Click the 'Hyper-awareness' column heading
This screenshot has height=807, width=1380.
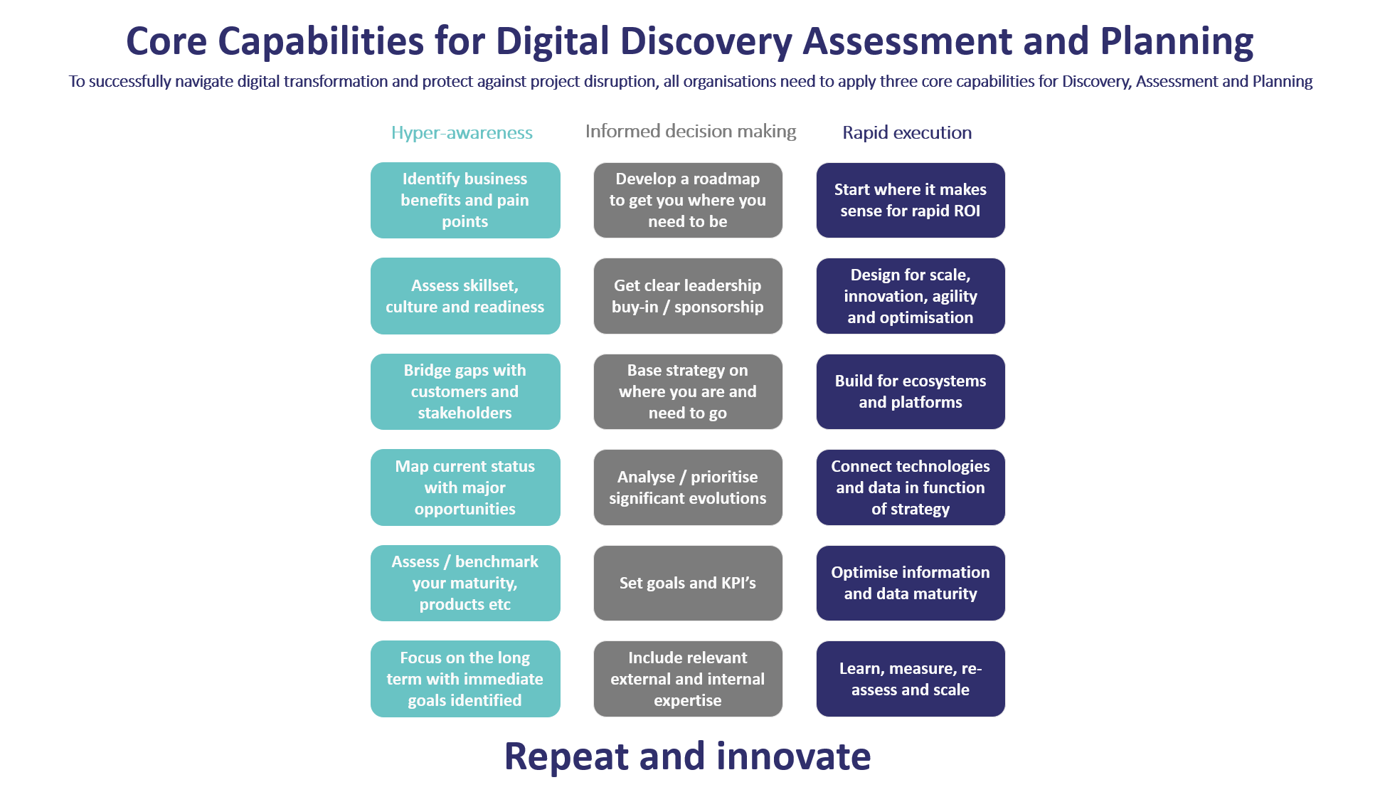coord(462,133)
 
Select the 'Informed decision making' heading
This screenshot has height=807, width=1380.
coord(691,132)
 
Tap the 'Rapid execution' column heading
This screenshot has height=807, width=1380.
coord(907,132)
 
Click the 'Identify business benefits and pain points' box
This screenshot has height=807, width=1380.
coord(465,200)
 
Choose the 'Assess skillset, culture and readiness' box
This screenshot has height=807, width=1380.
coord(465,296)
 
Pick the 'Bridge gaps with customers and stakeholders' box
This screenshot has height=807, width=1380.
coord(465,391)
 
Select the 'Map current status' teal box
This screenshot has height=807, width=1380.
coord(465,487)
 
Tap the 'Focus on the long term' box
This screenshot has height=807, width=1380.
coord(465,679)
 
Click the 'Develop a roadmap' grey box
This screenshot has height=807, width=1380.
coord(688,200)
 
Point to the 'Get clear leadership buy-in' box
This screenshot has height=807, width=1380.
coord(688,296)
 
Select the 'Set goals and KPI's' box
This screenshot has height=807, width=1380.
coord(688,583)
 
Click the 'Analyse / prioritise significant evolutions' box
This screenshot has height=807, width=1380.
coord(688,487)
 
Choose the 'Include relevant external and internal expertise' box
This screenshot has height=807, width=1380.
coord(688,679)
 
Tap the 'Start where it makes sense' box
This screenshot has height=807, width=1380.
coord(911,200)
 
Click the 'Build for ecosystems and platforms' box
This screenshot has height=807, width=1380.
coord(911,391)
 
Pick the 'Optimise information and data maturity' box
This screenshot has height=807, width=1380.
coord(911,583)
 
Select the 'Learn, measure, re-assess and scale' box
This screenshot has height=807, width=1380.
coord(911,679)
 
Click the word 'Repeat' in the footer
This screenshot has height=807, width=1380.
coord(566,757)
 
